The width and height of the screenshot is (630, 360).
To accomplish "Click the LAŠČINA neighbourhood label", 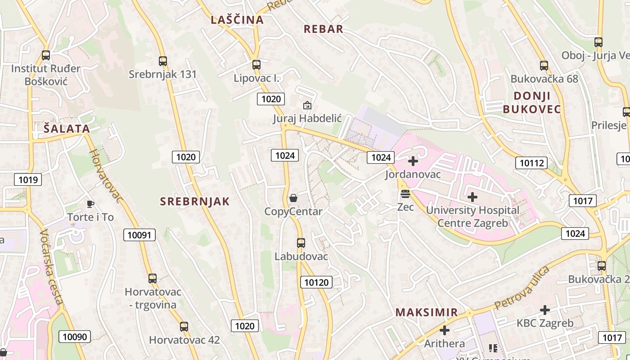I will [237, 20].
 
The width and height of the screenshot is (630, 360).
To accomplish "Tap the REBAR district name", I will [323, 29].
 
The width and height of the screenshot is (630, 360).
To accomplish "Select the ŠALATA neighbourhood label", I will [67, 129].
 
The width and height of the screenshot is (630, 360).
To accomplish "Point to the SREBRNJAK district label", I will [195, 202].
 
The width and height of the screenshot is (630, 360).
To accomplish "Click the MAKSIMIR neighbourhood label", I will [426, 312].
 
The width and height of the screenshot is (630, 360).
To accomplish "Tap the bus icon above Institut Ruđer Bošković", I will [45, 55].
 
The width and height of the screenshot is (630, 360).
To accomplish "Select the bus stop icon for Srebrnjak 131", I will [163, 61].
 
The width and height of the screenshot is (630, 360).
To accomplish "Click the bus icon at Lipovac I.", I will [256, 64].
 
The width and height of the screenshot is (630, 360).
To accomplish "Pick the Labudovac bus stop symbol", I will [301, 243].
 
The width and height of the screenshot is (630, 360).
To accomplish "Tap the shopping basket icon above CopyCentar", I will [293, 198].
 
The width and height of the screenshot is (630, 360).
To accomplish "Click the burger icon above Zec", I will [405, 194].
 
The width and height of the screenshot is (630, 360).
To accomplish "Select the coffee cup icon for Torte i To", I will [90, 204].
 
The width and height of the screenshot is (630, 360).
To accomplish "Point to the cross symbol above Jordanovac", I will [413, 161].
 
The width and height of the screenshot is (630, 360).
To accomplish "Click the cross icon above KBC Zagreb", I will [545, 310].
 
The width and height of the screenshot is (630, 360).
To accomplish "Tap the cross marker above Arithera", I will [444, 331].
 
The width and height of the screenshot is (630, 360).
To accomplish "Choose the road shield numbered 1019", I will [28, 180].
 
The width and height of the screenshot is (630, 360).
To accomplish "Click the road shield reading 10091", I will [139, 235].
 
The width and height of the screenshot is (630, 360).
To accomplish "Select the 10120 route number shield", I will [317, 282].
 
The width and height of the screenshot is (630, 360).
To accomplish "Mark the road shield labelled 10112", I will [531, 163].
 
